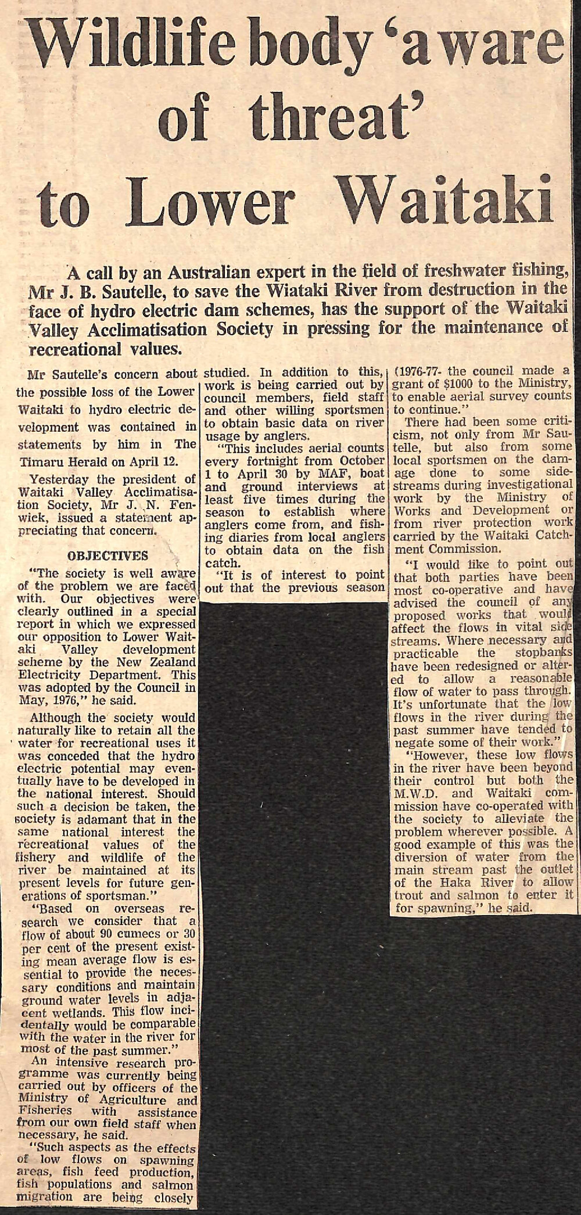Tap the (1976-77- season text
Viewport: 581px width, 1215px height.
coord(425,370)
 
